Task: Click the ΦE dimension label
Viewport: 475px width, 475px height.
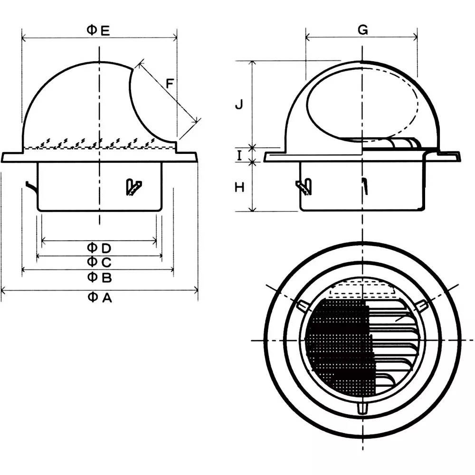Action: coord(98,31)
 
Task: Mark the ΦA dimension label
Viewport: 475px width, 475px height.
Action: coord(100,297)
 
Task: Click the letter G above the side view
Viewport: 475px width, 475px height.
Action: coord(362,30)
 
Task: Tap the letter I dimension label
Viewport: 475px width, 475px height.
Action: coord(240,154)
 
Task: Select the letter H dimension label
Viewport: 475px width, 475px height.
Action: coord(240,187)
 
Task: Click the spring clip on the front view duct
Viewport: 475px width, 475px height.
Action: coord(133,187)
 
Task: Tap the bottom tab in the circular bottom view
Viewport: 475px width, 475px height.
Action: coord(362,408)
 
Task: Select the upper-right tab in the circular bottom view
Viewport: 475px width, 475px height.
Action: coord(422,306)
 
